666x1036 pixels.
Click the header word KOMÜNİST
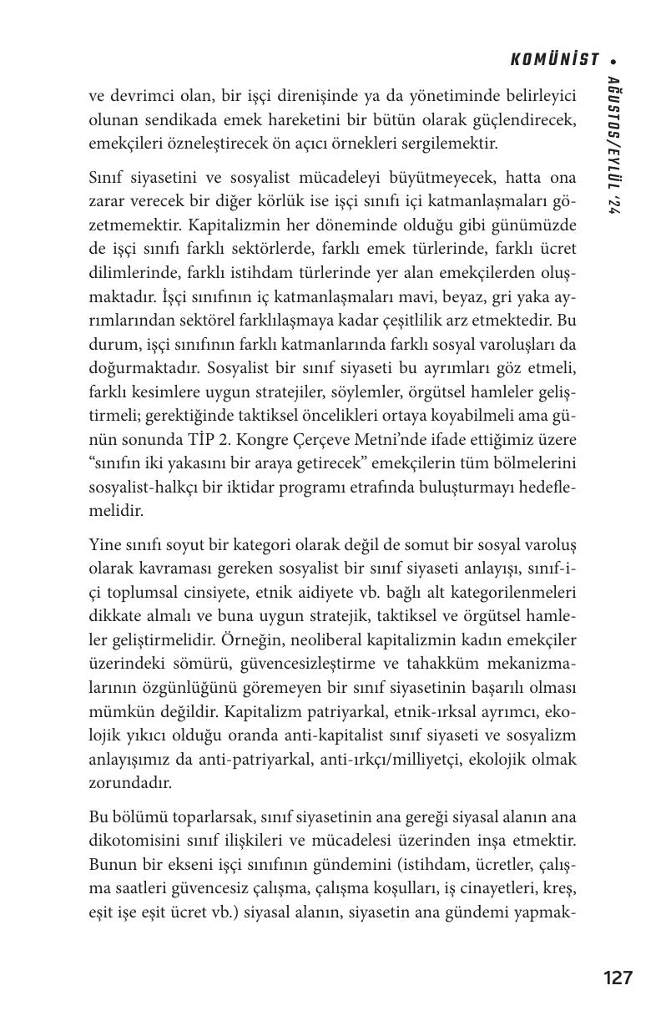click(x=554, y=59)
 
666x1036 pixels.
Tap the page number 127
click(x=618, y=978)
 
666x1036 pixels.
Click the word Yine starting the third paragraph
click(x=104, y=545)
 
